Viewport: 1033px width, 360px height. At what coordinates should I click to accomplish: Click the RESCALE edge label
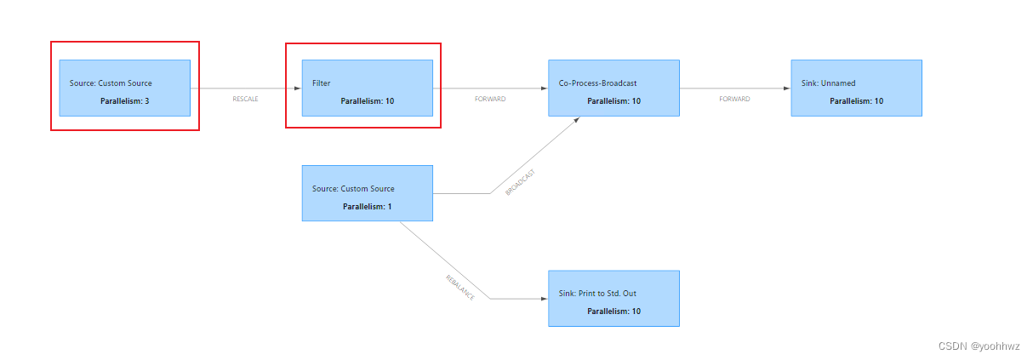point(245,99)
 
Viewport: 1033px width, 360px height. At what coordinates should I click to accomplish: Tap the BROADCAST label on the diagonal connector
point(520,182)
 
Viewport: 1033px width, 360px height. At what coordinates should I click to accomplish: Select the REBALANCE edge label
point(459,287)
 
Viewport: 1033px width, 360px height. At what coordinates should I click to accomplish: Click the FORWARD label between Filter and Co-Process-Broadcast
point(490,99)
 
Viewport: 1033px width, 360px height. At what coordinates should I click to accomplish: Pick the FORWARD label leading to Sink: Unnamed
point(734,99)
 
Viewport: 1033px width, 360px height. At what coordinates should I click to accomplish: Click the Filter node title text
point(321,83)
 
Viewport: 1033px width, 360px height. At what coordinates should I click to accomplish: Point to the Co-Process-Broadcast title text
point(597,83)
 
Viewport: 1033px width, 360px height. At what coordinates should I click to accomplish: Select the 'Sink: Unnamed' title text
point(828,83)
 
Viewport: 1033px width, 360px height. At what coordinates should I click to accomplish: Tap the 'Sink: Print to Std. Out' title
point(598,294)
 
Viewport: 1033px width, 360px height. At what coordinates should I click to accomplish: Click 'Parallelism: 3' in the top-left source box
point(124,100)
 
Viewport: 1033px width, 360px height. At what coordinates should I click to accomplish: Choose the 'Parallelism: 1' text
point(367,206)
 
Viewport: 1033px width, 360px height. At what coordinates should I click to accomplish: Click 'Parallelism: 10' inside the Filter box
point(367,100)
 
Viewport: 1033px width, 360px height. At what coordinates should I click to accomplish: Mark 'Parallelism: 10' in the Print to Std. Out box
point(614,311)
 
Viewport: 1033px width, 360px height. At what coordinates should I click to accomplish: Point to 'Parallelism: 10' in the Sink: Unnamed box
point(856,100)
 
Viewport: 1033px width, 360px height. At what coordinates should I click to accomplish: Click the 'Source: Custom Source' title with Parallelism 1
point(353,189)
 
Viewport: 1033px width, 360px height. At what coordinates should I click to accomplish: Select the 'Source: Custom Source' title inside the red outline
point(111,83)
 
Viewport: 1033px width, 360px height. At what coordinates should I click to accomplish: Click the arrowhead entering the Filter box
point(297,89)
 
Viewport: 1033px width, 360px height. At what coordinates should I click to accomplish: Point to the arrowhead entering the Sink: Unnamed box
point(786,89)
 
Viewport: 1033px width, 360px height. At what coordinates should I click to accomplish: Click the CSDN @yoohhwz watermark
point(979,346)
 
